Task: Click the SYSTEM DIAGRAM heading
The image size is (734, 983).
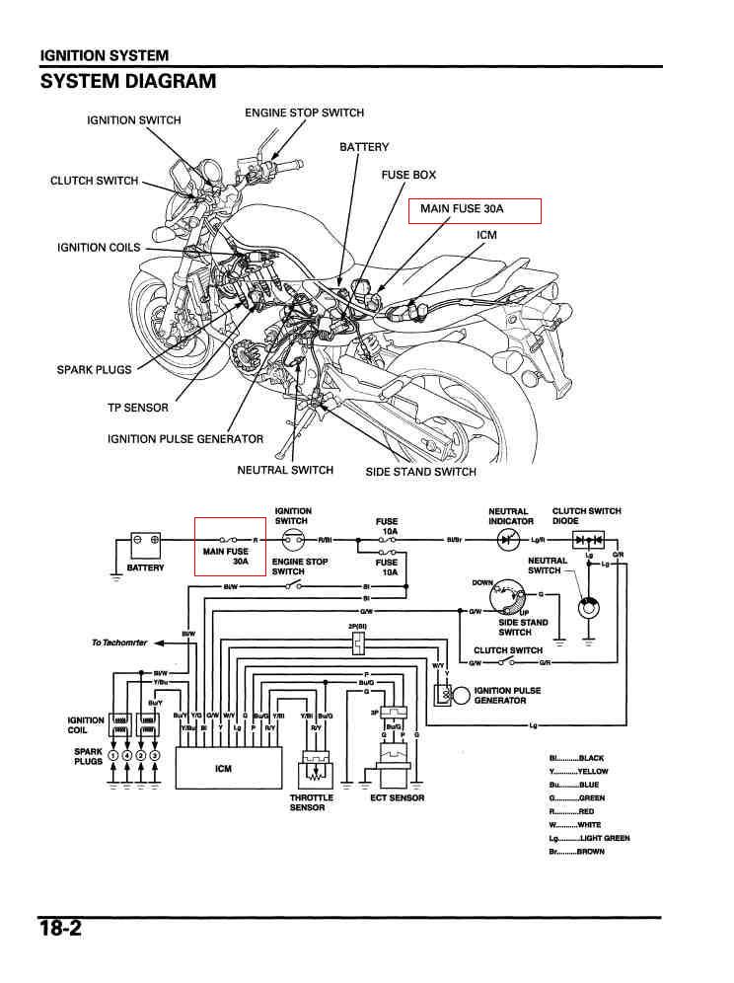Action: coord(127,81)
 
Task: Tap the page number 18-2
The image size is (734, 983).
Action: coord(60,929)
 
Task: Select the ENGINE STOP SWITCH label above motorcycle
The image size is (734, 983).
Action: coord(304,113)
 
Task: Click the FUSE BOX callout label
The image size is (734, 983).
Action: coord(408,175)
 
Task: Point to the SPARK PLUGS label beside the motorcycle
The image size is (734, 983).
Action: coord(94,370)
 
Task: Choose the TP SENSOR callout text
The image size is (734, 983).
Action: coord(138,408)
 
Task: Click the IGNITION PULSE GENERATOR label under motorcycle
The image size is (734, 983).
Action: coord(185,439)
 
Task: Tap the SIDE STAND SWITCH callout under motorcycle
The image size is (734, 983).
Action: coord(420,472)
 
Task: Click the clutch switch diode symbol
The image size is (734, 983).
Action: coord(590,541)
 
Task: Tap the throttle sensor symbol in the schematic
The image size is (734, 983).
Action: coord(316,769)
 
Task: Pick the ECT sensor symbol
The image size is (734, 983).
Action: coord(397,764)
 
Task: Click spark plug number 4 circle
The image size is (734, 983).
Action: coord(127,756)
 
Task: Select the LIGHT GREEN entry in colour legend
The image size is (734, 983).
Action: coord(589,838)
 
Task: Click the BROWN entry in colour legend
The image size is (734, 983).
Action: coord(576,851)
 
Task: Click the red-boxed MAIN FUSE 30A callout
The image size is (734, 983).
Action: coord(476,210)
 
